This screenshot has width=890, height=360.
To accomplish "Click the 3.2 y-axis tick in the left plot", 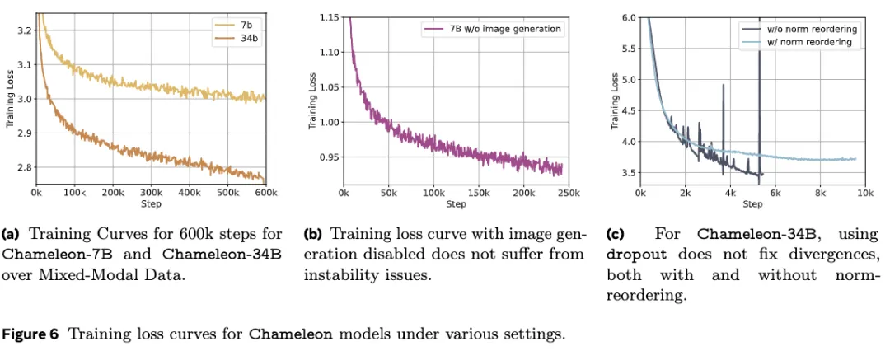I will tap(24, 30).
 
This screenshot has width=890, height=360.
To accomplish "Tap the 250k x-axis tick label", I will tap(568, 193).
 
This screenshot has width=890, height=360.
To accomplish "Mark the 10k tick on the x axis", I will tap(864, 193).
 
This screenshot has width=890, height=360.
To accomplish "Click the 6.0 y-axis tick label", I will tap(629, 17).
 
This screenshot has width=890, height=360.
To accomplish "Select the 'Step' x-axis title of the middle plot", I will tap(456, 204).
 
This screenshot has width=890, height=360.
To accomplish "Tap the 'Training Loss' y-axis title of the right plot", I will tap(615, 101).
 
